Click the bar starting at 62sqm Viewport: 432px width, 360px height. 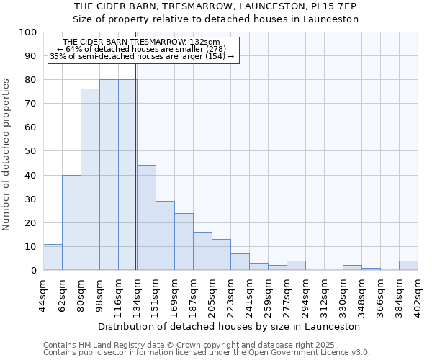(71, 222)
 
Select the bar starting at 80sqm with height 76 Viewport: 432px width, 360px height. (90, 179)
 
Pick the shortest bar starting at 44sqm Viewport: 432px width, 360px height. (53, 257)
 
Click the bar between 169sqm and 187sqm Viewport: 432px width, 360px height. (184, 241)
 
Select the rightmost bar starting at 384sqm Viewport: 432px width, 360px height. (408, 265)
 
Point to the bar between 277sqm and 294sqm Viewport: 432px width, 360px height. (296, 265)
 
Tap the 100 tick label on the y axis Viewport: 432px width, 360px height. (27, 32)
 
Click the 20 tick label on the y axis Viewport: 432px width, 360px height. (30, 223)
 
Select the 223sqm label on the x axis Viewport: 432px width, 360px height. (231, 294)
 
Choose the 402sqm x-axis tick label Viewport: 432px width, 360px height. (418, 294)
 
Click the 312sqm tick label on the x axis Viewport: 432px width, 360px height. (324, 294)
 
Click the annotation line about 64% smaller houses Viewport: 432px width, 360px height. (142, 49)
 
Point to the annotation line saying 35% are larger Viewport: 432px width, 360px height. (142, 56)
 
